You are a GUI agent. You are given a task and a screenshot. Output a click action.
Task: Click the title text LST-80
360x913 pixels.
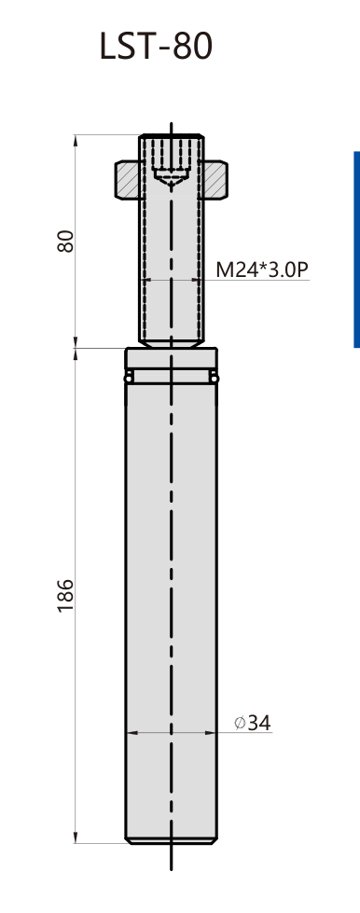click(x=156, y=46)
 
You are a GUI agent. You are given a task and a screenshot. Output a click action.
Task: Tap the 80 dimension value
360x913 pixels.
click(x=66, y=241)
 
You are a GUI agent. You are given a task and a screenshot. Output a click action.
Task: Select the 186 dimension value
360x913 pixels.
click(x=66, y=595)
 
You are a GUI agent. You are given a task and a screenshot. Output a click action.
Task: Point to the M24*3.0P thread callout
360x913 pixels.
click(x=261, y=270)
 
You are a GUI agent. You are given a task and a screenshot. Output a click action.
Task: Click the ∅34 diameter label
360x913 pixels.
click(x=253, y=723)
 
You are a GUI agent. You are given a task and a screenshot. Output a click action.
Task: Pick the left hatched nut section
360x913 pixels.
click(x=127, y=180)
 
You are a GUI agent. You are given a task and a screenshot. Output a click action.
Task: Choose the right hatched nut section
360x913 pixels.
click(x=215, y=180)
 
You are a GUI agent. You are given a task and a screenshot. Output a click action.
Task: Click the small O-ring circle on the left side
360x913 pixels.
click(x=128, y=379)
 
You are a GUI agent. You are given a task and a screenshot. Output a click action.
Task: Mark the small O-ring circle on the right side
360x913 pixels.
click(x=215, y=379)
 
